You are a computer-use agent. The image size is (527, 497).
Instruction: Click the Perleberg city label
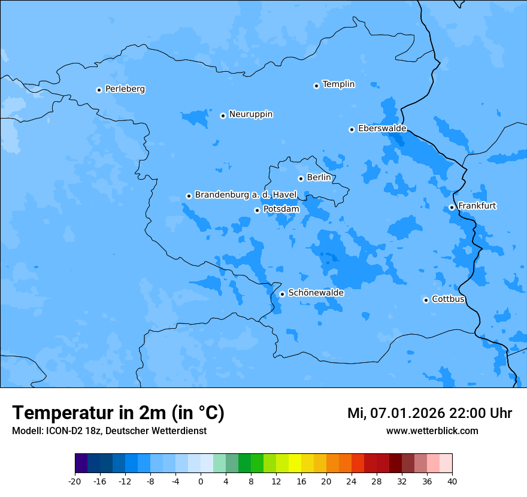pyautogui.click(x=125, y=89)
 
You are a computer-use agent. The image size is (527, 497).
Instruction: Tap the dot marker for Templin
pyautogui.click(x=316, y=86)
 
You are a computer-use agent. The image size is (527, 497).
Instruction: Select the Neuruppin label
pyautogui.click(x=250, y=114)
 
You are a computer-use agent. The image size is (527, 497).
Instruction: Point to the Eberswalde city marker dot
pyautogui.click(x=352, y=129)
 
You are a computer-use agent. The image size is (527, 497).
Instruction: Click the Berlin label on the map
pyautogui.click(x=319, y=178)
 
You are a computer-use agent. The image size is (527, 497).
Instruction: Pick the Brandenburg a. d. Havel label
pyautogui.click(x=246, y=195)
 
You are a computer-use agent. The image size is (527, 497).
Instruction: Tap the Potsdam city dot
pyautogui.click(x=257, y=210)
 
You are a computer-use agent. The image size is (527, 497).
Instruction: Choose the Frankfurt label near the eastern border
pyautogui.click(x=477, y=206)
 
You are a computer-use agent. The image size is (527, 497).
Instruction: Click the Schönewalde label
pyautogui.click(x=316, y=293)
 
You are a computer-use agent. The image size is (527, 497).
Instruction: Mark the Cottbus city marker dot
pyautogui.click(x=426, y=300)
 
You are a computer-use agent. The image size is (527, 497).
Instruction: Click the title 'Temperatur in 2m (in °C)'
pyautogui.click(x=118, y=413)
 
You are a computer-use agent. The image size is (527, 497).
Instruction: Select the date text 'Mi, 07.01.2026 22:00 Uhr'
pyautogui.click(x=429, y=413)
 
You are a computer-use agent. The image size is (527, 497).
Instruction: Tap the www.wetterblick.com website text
pyautogui.click(x=432, y=431)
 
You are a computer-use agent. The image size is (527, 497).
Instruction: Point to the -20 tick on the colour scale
pyautogui.click(x=75, y=481)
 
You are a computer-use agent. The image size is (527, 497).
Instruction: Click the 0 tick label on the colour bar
pyautogui.click(x=201, y=481)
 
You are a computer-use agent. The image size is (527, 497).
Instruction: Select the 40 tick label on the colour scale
pyautogui.click(x=452, y=481)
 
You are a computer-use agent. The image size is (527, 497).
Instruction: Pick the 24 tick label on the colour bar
pyautogui.click(x=352, y=481)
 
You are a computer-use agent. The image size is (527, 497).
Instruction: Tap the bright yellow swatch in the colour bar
pyautogui.click(x=295, y=463)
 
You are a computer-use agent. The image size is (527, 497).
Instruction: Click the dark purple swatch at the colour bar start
pyautogui.click(x=81, y=463)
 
